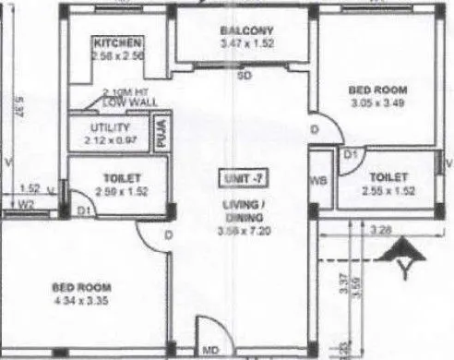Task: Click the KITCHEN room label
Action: (x=117, y=42)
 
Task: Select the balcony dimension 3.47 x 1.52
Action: (x=248, y=42)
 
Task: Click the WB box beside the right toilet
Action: (x=319, y=181)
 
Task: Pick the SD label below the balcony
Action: (x=245, y=75)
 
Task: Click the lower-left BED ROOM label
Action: (x=77, y=288)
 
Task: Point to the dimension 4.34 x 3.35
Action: (x=77, y=301)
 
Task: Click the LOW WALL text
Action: (x=124, y=102)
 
